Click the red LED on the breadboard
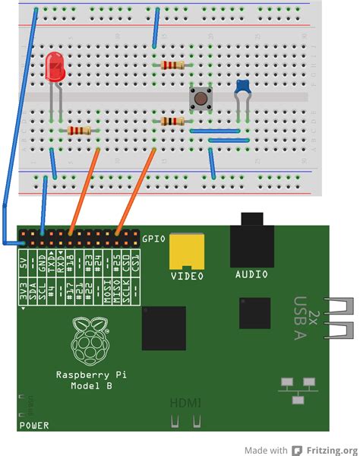click(x=55, y=68)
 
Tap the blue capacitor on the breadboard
click(x=242, y=87)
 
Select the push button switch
click(x=201, y=98)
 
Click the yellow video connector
click(x=185, y=249)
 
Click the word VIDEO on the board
click(x=186, y=274)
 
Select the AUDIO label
click(x=252, y=274)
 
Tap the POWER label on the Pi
click(x=33, y=425)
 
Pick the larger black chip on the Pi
click(x=163, y=328)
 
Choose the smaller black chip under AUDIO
click(x=254, y=312)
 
